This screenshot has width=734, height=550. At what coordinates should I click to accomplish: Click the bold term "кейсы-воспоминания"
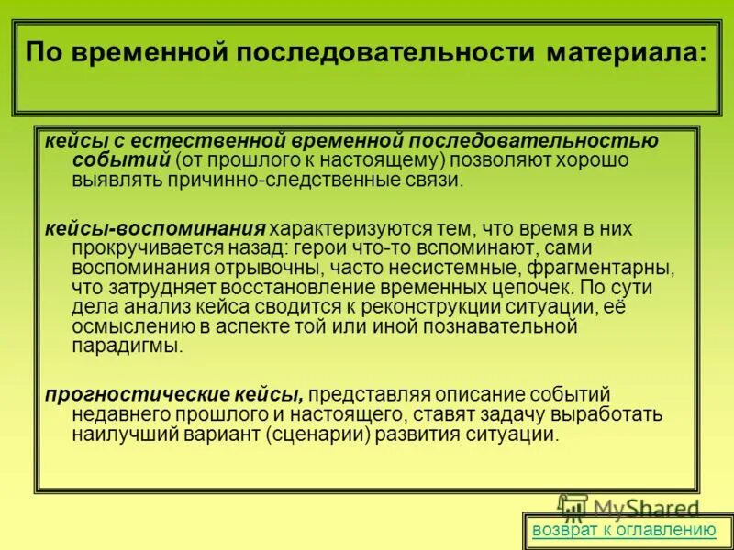coord(156,227)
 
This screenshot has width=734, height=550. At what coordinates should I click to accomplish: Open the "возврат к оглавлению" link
coord(624,529)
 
